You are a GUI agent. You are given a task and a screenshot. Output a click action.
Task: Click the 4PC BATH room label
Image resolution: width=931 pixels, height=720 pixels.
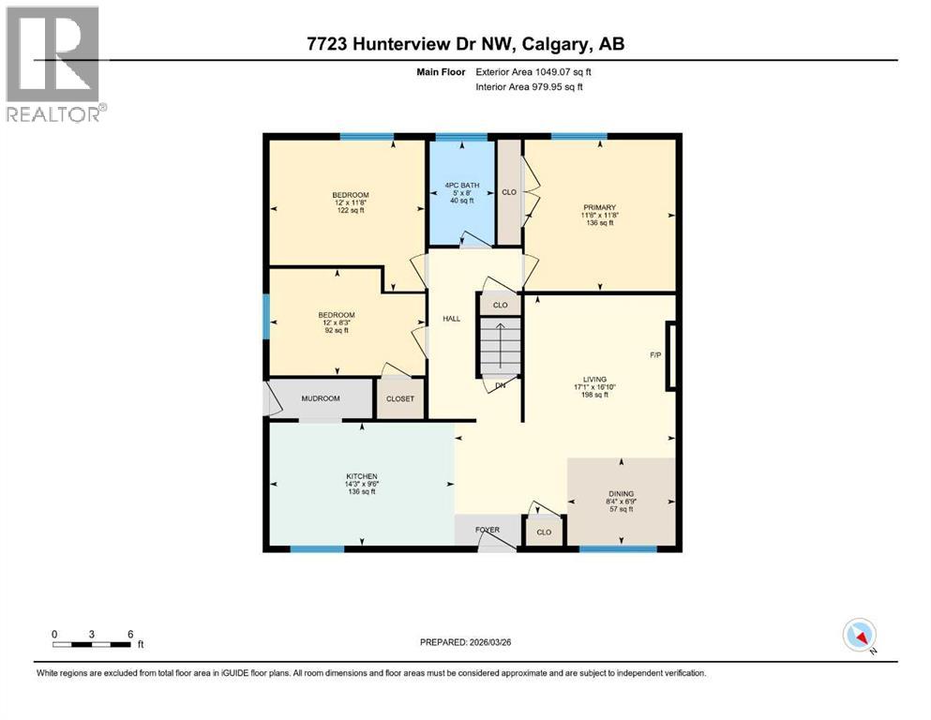[463, 186]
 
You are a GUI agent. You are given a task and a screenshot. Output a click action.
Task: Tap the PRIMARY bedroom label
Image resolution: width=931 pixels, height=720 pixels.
[597, 207]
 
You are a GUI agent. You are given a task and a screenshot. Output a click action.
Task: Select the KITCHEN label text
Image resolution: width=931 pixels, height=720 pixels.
[361, 476]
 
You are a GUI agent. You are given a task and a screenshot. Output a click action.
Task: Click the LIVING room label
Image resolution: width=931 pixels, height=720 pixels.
[594, 379]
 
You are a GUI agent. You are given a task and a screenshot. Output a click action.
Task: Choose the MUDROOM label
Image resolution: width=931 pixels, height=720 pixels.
[320, 398]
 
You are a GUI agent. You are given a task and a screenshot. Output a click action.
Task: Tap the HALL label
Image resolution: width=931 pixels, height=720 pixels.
[451, 319]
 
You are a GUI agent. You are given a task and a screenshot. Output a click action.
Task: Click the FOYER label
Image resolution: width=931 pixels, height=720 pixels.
[487, 530]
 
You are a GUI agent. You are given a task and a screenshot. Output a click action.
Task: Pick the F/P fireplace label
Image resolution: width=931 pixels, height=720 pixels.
[655, 355]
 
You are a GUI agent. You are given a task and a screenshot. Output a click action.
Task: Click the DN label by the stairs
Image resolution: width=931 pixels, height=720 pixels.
[500, 385]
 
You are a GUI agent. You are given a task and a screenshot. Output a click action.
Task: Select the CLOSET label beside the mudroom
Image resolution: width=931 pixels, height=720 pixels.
[400, 398]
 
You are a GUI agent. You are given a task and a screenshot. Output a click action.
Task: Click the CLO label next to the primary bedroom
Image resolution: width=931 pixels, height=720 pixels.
[509, 192]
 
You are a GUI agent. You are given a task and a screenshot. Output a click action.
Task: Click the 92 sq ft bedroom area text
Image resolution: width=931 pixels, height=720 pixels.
[336, 330]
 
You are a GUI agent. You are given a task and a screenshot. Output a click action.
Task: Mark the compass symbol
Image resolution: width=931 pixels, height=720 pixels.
[859, 635]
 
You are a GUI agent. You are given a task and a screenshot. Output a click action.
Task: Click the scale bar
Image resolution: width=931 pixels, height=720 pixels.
[92, 644]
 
